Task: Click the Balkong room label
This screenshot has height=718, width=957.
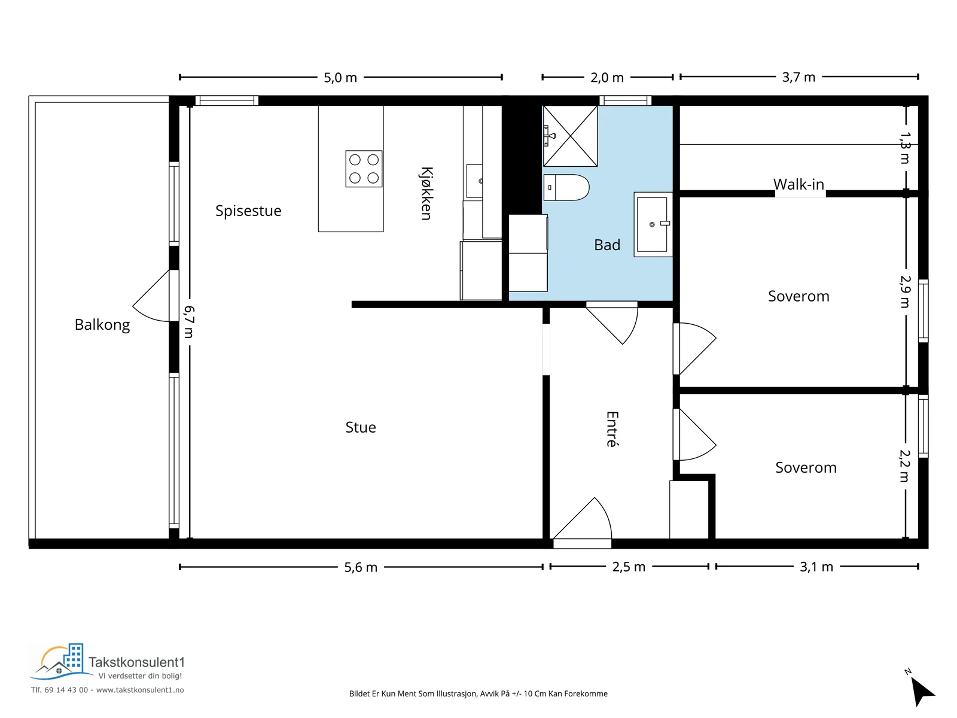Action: click(x=102, y=325)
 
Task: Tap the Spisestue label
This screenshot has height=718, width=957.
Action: click(x=248, y=211)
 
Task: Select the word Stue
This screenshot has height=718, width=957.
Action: click(x=361, y=427)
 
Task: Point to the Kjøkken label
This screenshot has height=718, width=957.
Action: click(x=426, y=193)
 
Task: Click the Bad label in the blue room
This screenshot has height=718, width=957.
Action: click(x=607, y=245)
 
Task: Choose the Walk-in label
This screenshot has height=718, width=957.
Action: click(x=798, y=184)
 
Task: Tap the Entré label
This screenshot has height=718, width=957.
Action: click(x=612, y=429)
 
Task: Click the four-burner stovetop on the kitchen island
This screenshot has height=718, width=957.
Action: click(x=364, y=169)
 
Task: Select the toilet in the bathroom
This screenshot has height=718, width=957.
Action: click(x=566, y=187)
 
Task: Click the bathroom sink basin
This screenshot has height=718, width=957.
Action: click(x=652, y=224)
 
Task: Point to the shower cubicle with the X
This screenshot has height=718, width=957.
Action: click(x=570, y=136)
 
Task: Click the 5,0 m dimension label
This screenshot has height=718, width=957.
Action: click(x=340, y=78)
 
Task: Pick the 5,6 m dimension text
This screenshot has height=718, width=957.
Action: click(x=361, y=568)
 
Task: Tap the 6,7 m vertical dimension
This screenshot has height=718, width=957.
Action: click(x=189, y=322)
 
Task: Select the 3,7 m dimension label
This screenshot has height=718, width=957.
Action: click(x=798, y=78)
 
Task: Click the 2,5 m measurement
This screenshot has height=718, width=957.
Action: click(x=628, y=567)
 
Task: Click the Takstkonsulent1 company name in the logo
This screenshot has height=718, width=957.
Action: click(x=136, y=662)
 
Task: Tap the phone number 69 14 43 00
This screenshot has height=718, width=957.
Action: click(x=66, y=690)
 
